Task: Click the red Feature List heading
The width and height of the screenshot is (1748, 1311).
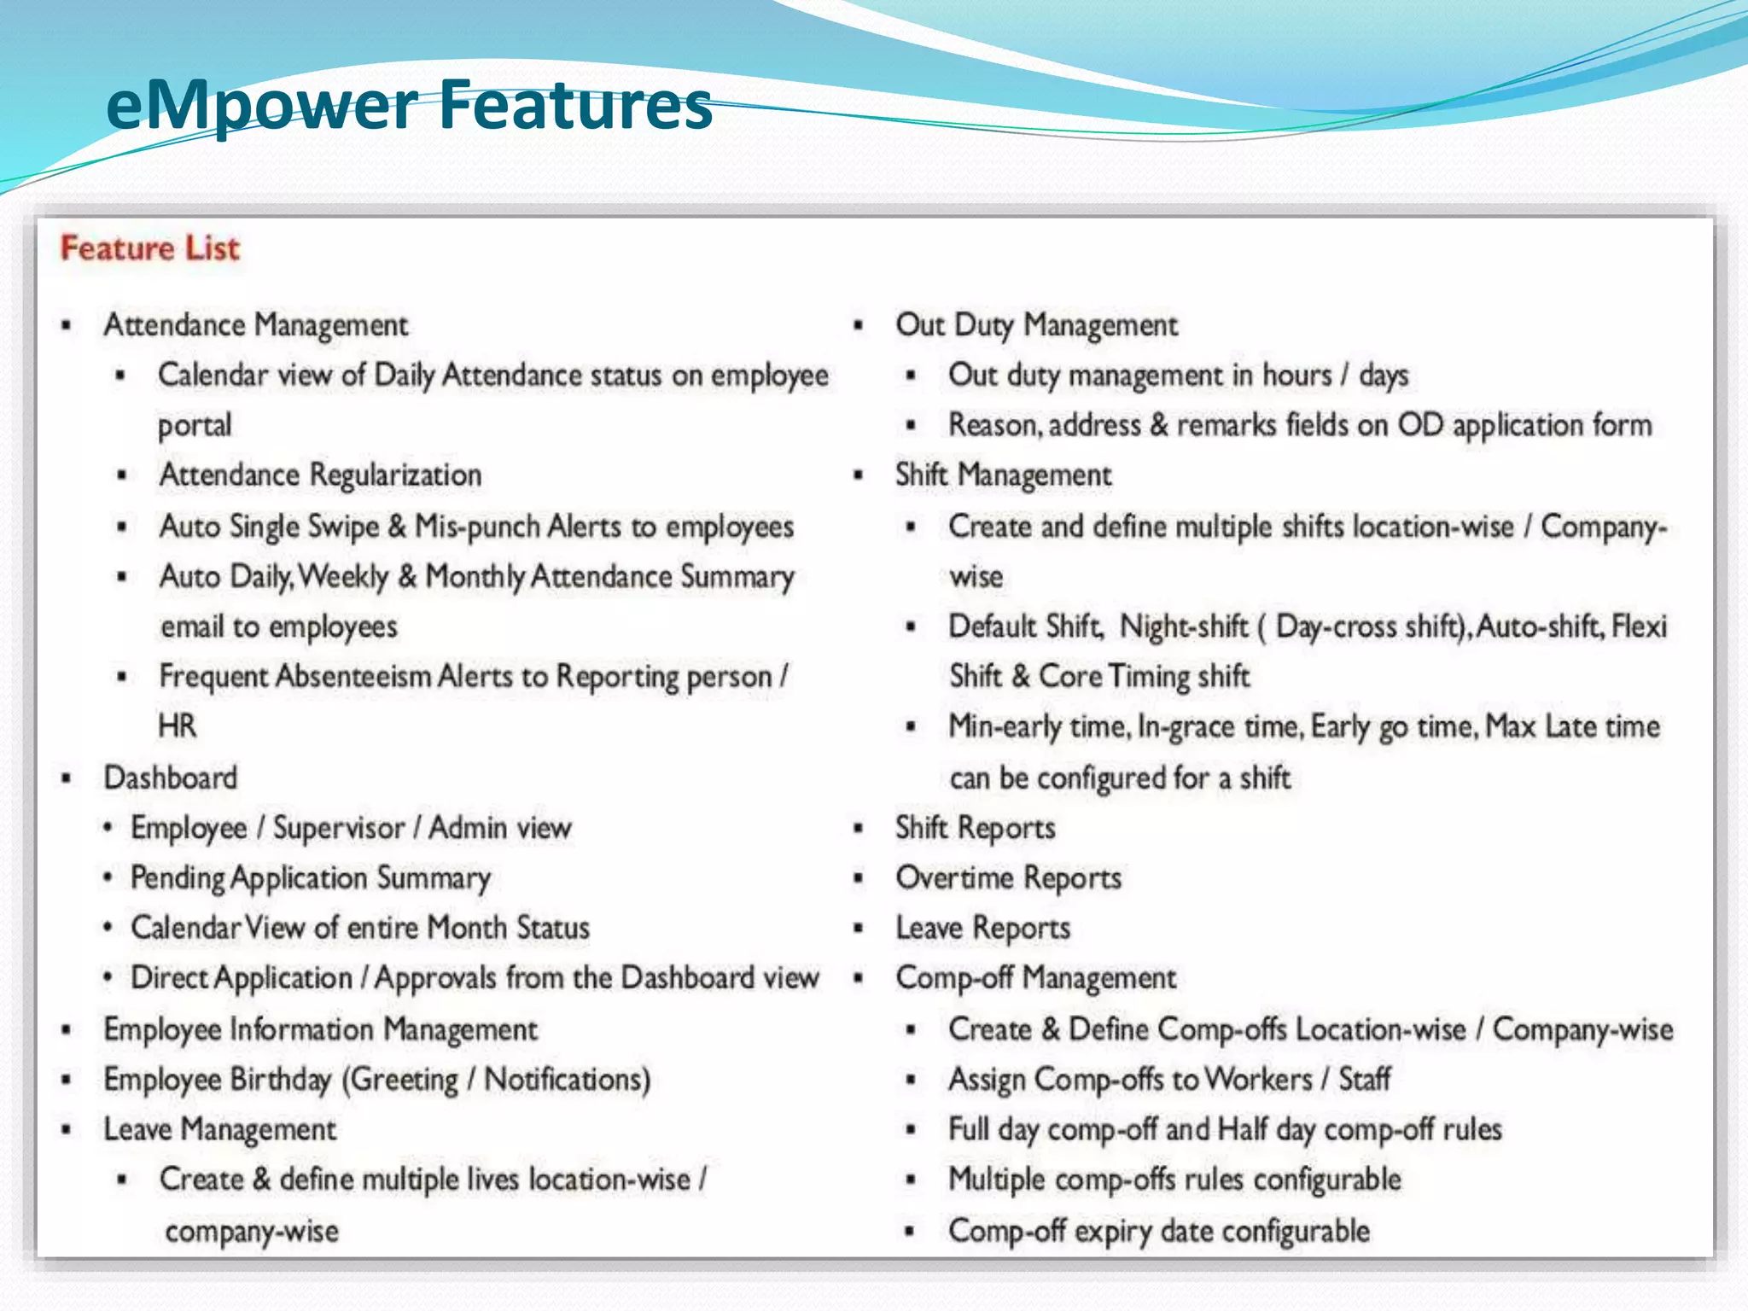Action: pyautogui.click(x=150, y=248)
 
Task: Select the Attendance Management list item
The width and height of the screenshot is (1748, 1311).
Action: pyautogui.click(x=255, y=325)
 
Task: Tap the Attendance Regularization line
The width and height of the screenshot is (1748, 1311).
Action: pyautogui.click(x=320, y=475)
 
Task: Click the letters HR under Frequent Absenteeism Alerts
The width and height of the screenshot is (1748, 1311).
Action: pyautogui.click(x=177, y=726)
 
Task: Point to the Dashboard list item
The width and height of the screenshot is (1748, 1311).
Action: pyautogui.click(x=171, y=778)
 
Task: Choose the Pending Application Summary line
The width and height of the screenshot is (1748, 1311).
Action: pyautogui.click(x=311, y=878)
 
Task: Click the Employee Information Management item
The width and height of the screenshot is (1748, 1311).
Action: pyautogui.click(x=320, y=1029)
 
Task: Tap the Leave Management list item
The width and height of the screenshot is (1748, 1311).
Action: pyautogui.click(x=219, y=1130)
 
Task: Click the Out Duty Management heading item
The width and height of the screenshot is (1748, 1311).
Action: pyautogui.click(x=1036, y=325)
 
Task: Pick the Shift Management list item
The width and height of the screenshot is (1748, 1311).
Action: pyautogui.click(x=1003, y=475)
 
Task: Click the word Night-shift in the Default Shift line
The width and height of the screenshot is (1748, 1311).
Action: pyautogui.click(x=1184, y=626)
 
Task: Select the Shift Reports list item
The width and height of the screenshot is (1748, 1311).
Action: pyautogui.click(x=975, y=828)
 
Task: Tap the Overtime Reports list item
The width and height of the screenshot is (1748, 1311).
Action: pyautogui.click(x=1008, y=878)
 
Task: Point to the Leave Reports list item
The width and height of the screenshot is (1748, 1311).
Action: pyautogui.click(x=982, y=929)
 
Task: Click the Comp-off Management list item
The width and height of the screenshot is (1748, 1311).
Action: pyautogui.click(x=1035, y=978)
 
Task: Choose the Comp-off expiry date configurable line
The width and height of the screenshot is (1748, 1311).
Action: pyautogui.click(x=1158, y=1231)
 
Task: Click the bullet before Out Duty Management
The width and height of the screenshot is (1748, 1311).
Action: pyautogui.click(x=859, y=325)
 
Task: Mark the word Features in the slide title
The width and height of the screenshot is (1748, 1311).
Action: pyautogui.click(x=576, y=106)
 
